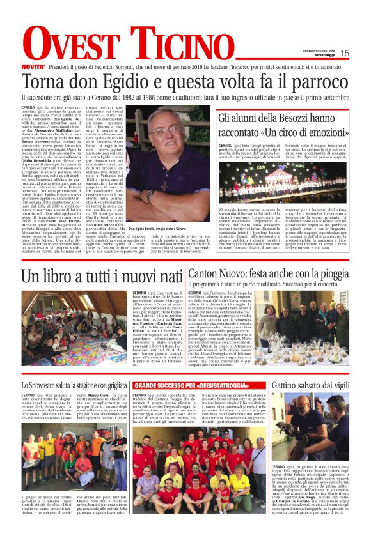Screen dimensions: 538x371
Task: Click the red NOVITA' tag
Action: (32, 66)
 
